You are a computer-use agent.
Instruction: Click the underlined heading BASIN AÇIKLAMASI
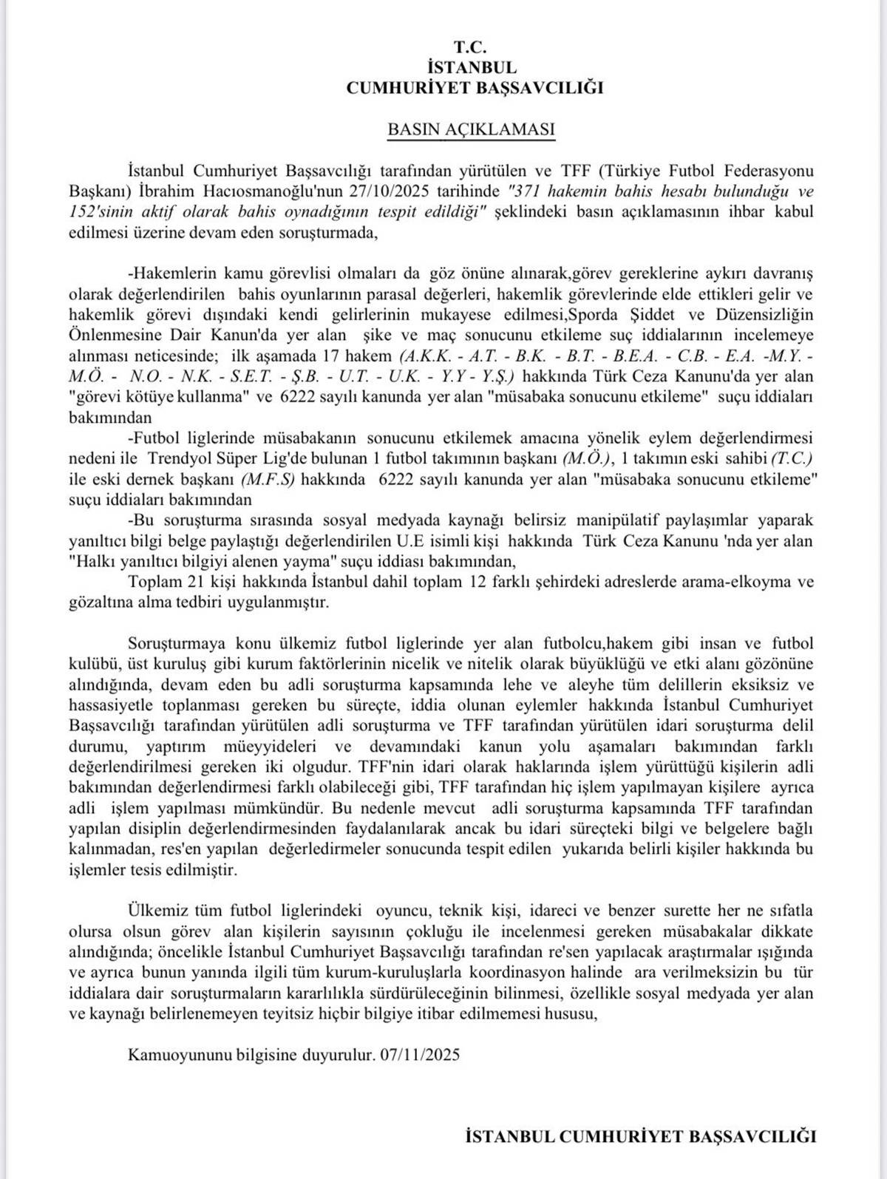[471, 129]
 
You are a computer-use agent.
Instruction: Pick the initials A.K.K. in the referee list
[423, 356]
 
